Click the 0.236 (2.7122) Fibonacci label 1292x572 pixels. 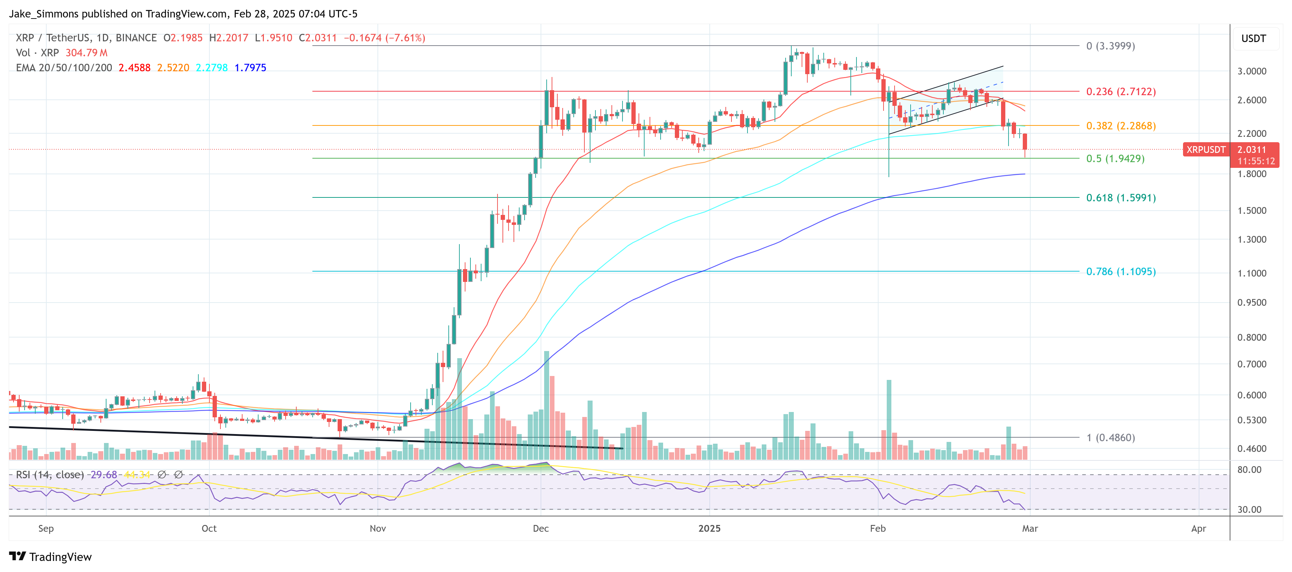pos(1120,91)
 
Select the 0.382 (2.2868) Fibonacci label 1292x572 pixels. pos(1120,125)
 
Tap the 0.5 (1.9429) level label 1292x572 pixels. pos(1115,159)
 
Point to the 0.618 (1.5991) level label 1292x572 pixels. pos(1120,198)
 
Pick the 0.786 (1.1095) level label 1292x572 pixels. pos(1120,272)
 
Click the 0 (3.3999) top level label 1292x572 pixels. pos(1110,46)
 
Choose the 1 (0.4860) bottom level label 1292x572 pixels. pos(1110,438)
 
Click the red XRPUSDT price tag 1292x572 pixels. pos(1205,150)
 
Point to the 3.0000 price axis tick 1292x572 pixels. pos(1251,71)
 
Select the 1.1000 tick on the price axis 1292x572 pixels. pos(1251,273)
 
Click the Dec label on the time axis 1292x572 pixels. pos(540,529)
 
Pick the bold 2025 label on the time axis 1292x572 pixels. pos(709,529)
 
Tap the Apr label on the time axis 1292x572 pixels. pos(1198,529)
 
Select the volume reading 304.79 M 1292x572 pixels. pos(86,53)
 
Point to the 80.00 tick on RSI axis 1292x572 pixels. pos(1249,470)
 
